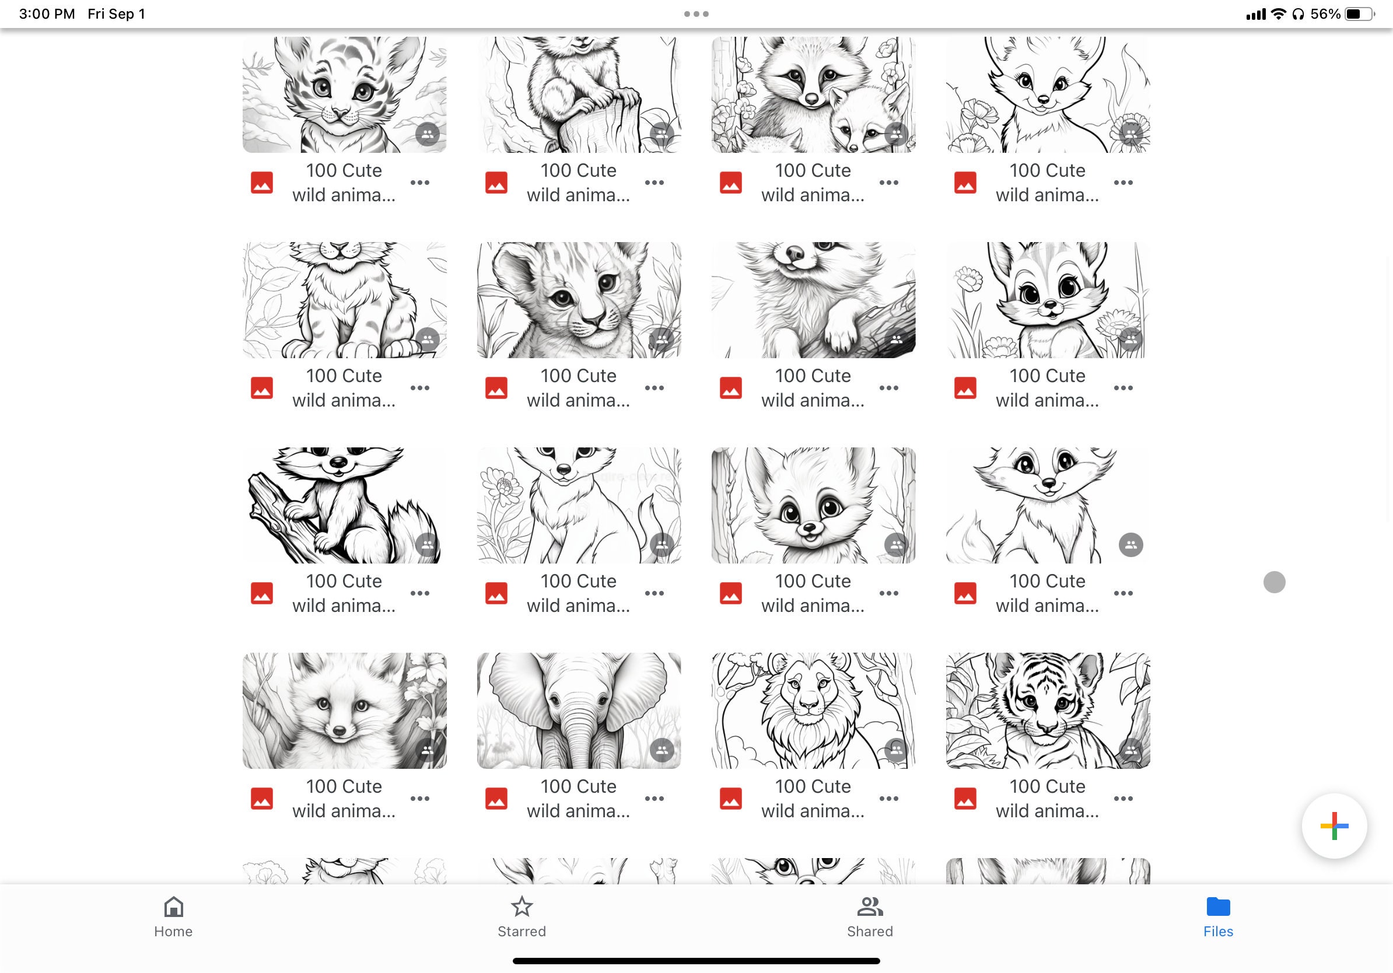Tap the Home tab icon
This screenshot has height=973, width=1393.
[173, 907]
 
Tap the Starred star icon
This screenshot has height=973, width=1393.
[521, 907]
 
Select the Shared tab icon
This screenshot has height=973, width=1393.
[869, 907]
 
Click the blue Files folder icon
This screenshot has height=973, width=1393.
[1217, 907]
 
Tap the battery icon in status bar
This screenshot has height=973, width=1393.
[1359, 14]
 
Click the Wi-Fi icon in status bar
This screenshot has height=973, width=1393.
[1278, 14]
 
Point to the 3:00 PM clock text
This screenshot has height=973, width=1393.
[47, 14]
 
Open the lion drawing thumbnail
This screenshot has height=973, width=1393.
[813, 710]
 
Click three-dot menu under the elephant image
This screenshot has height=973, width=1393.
[654, 799]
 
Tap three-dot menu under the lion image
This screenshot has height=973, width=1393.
[888, 799]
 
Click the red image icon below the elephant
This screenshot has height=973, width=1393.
[496, 799]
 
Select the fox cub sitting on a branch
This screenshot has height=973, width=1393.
[344, 505]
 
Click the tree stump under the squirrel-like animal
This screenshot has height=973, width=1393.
[597, 127]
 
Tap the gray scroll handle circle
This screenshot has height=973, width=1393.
[1274, 582]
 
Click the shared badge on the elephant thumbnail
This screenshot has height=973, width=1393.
[661, 750]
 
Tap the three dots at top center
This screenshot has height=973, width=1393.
[696, 14]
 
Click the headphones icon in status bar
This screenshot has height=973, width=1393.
[1298, 14]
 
